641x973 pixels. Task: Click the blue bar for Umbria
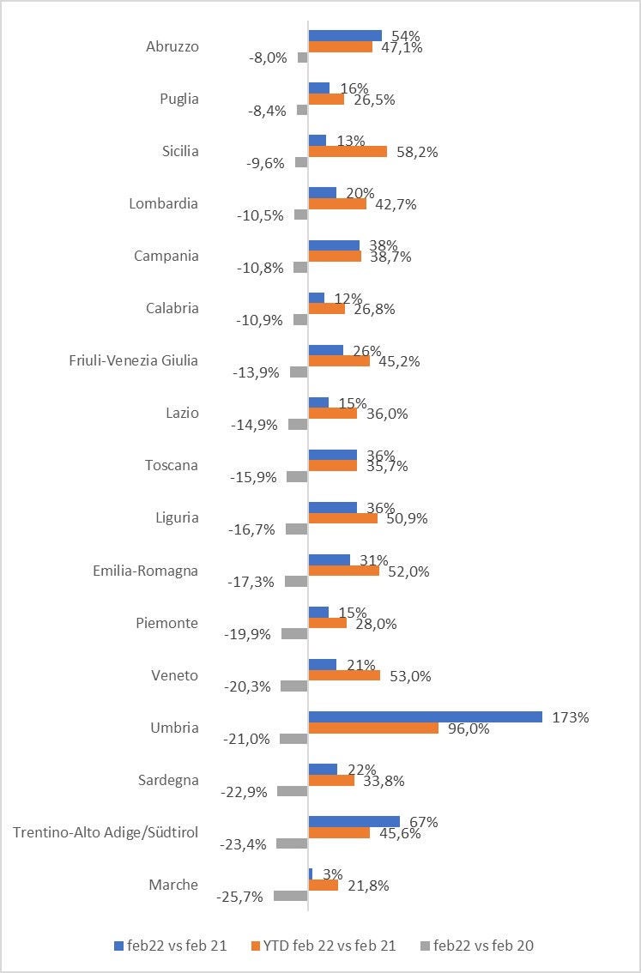425,716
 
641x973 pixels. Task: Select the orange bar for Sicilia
348,151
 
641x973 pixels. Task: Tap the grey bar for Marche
290,896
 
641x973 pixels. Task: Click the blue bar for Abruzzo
345,35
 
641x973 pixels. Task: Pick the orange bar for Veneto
344,675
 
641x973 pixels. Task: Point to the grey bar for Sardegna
292,791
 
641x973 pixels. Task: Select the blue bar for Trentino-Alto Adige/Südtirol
354,821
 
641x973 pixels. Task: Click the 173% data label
571,716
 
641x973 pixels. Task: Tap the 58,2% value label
415,151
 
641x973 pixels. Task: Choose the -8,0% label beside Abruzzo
268,58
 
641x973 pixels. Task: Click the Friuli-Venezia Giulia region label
133,360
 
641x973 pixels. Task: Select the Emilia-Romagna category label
145,571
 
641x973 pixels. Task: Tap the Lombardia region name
163,203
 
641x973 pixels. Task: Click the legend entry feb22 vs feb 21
171,945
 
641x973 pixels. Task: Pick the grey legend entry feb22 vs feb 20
477,945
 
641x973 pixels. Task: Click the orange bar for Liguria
342,518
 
